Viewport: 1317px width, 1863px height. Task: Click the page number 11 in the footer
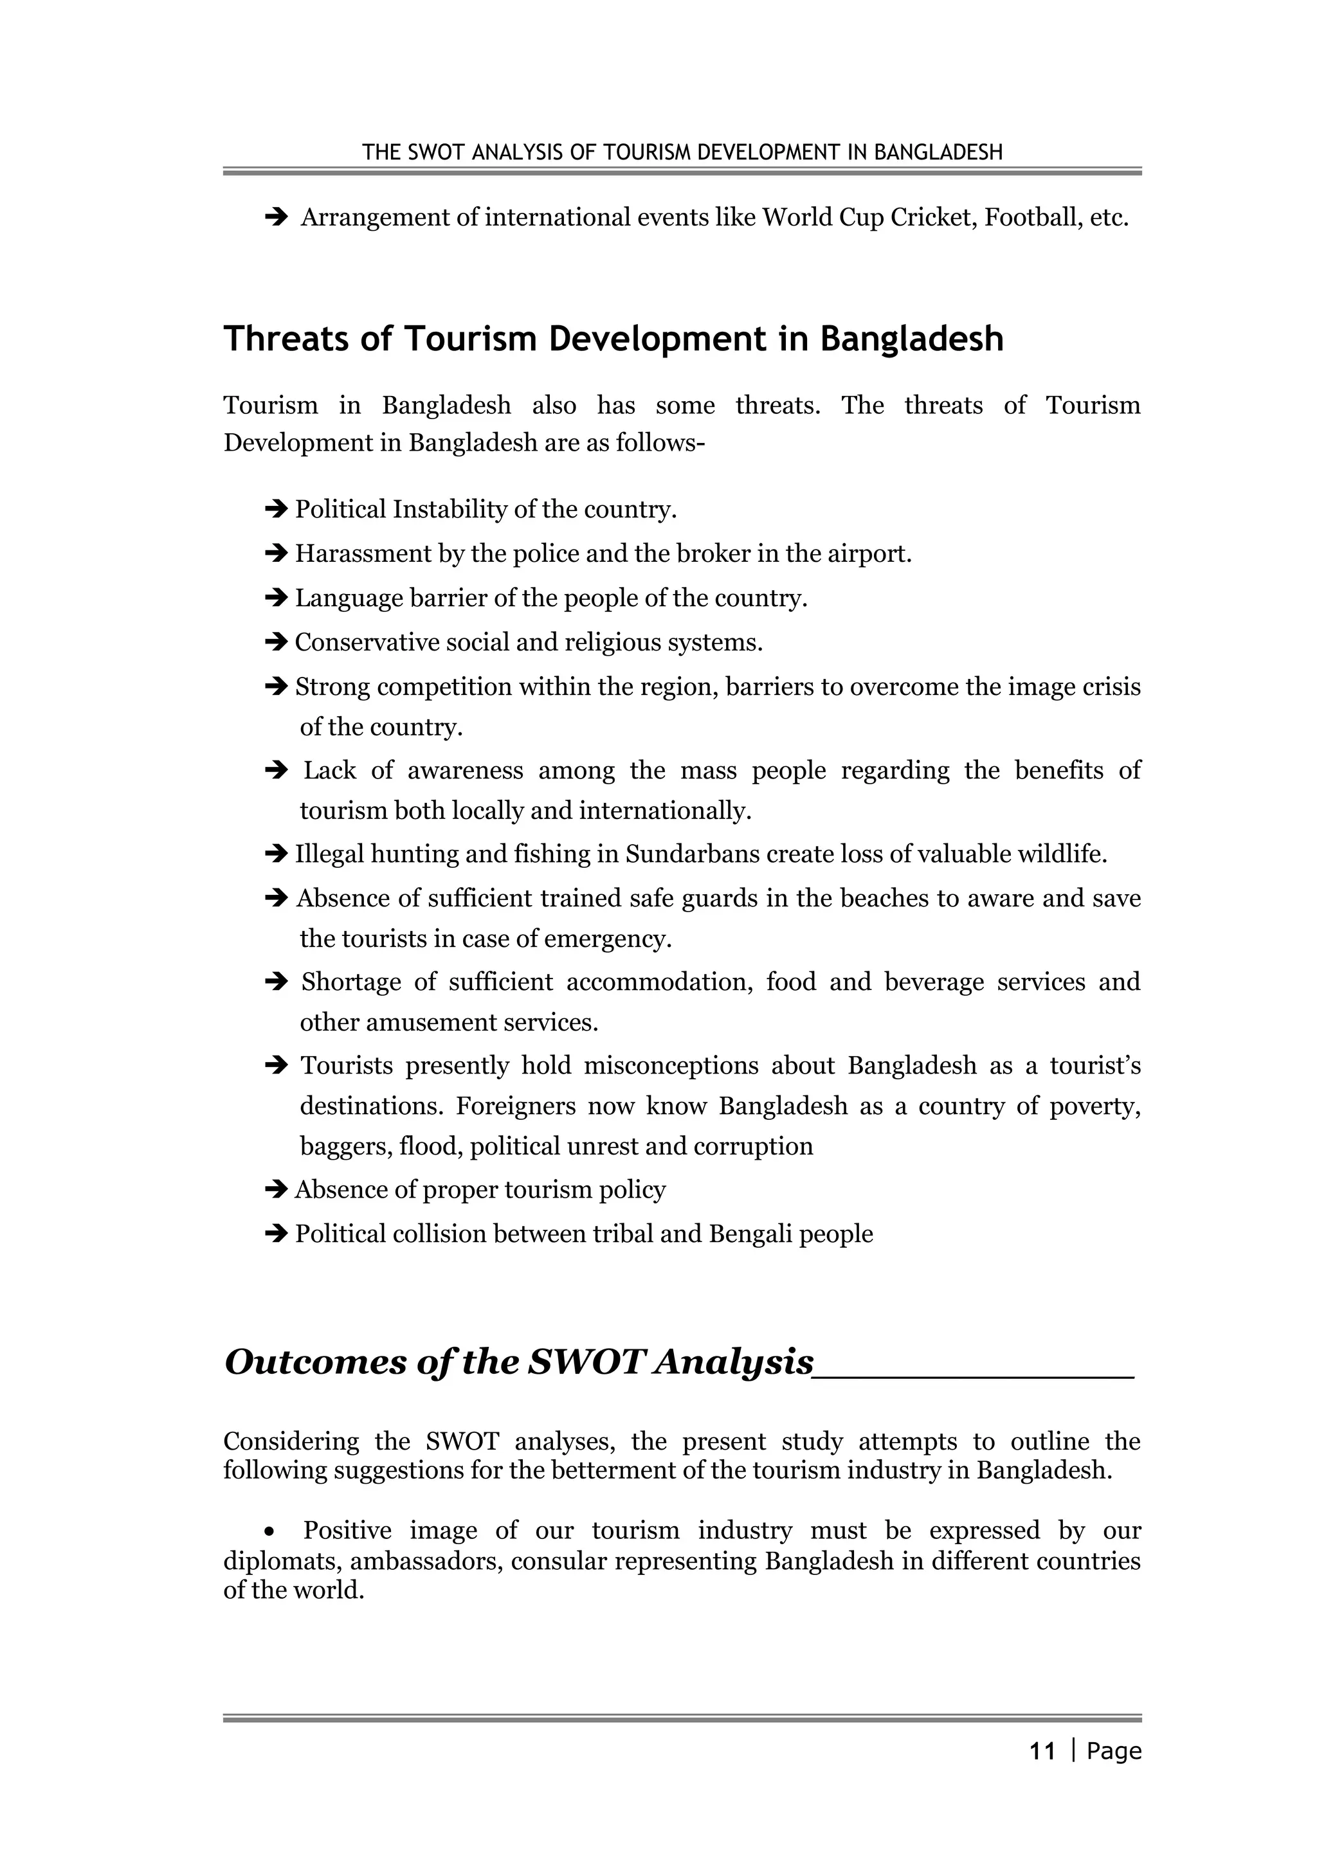click(x=1042, y=1751)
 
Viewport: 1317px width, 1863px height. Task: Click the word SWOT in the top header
click(x=437, y=152)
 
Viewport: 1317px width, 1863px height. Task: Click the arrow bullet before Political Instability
click(x=277, y=510)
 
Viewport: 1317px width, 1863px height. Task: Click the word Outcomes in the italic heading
click(x=316, y=1362)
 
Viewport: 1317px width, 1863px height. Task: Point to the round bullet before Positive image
click(x=270, y=1532)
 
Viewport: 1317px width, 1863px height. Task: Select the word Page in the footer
click(x=1114, y=1751)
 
